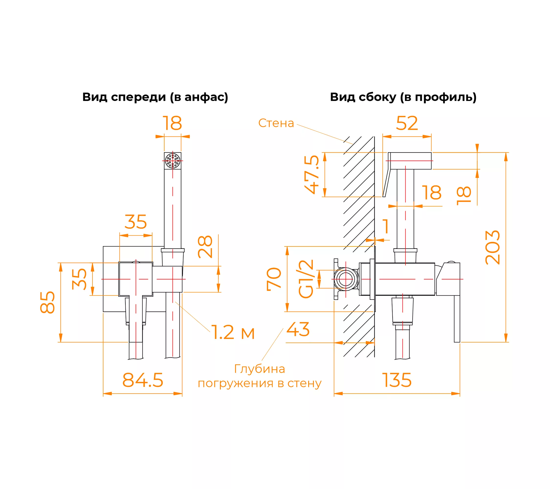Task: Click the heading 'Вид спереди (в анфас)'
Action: pyautogui.click(x=155, y=97)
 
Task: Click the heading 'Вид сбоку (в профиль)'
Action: pyautogui.click(x=403, y=97)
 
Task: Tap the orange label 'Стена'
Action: pyautogui.click(x=276, y=123)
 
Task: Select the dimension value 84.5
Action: pyautogui.click(x=143, y=380)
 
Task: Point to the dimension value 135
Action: pyautogui.click(x=397, y=380)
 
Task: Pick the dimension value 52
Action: pyautogui.click(x=407, y=123)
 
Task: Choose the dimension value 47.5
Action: pyautogui.click(x=312, y=174)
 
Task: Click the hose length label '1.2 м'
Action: pyautogui.click(x=233, y=332)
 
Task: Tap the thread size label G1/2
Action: pyautogui.click(x=306, y=279)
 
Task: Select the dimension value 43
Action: pyautogui.click(x=298, y=329)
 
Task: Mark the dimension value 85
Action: pyautogui.click(x=47, y=302)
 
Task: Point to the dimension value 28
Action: pyautogui.click(x=205, y=247)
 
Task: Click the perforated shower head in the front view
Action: pyautogui.click(x=173, y=161)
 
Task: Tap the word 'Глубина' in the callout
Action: pyautogui.click(x=260, y=369)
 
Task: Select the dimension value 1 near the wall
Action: pyautogui.click(x=385, y=226)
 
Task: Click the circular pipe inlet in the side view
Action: pyautogui.click(x=346, y=279)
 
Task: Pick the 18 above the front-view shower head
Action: pyautogui.click(x=172, y=123)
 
